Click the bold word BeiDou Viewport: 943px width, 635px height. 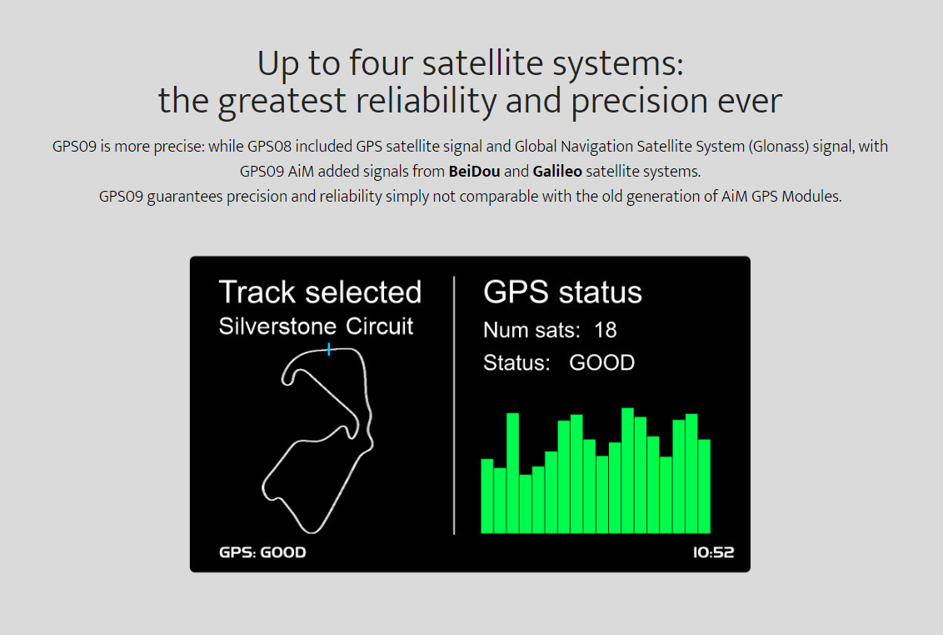pos(474,172)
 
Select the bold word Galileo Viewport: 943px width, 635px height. pos(557,172)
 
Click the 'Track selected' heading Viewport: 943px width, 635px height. pos(320,292)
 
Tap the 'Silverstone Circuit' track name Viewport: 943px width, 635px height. pos(316,326)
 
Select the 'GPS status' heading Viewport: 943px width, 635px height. pos(562,292)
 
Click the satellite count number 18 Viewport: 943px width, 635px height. pos(605,330)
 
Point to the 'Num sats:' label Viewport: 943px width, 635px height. pos(531,330)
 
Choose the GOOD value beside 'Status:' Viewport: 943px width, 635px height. pos(602,362)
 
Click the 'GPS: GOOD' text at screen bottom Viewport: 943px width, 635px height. pos(262,552)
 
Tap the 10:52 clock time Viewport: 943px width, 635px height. pos(713,552)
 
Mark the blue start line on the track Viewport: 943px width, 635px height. pos(329,349)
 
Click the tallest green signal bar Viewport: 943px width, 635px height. pos(627,471)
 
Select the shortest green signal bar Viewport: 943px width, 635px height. pos(525,504)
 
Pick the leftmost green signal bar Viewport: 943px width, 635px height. pos(487,496)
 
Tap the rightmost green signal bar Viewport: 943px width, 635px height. pos(704,487)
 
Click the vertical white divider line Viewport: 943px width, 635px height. pos(454,405)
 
